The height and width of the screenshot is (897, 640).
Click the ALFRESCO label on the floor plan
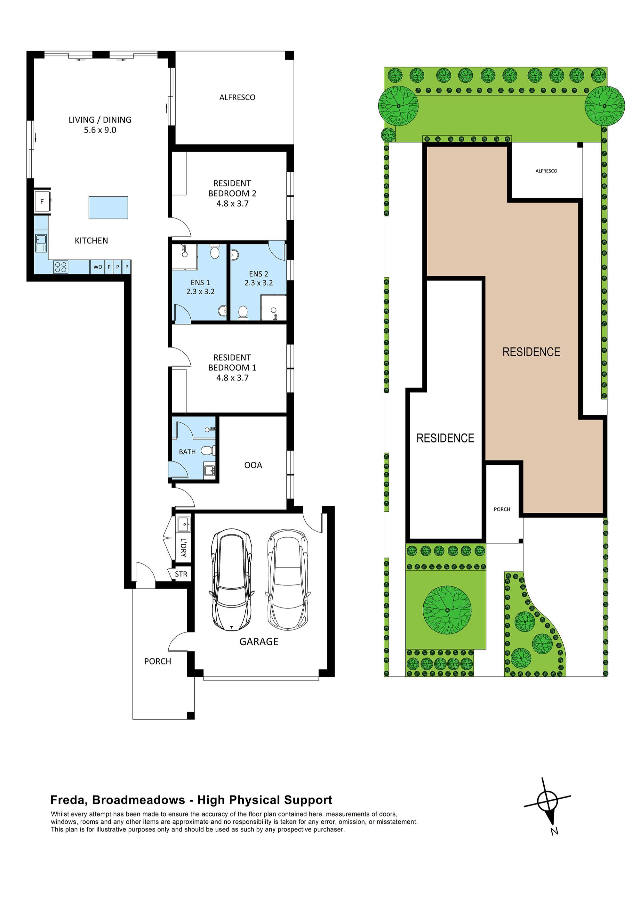coord(237,97)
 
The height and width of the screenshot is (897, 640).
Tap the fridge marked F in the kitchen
coord(42,202)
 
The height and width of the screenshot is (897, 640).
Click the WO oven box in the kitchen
coord(97,267)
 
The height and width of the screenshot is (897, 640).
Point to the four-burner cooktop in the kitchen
coord(61,267)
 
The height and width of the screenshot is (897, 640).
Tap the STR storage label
coord(181,574)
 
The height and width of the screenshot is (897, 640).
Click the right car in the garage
coord(287,580)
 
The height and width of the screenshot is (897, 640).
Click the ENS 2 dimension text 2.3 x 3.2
coord(259,283)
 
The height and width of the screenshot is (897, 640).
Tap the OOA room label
coord(253,465)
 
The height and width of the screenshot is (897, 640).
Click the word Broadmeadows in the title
coord(138,800)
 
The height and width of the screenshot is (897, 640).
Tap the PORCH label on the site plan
coord(502,509)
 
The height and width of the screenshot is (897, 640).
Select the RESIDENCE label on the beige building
coord(531,352)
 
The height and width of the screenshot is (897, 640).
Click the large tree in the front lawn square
coord(447,610)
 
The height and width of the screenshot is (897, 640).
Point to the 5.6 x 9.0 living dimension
coord(100,130)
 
